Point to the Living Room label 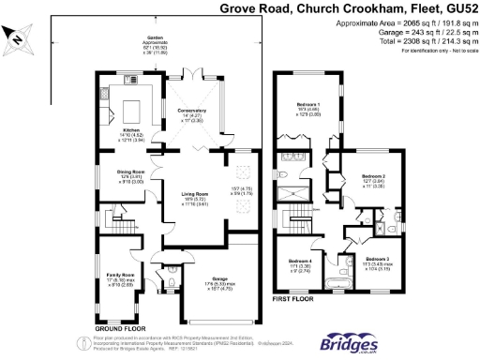193,195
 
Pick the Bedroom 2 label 373,177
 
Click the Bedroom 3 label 377,259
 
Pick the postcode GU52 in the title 459,8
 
